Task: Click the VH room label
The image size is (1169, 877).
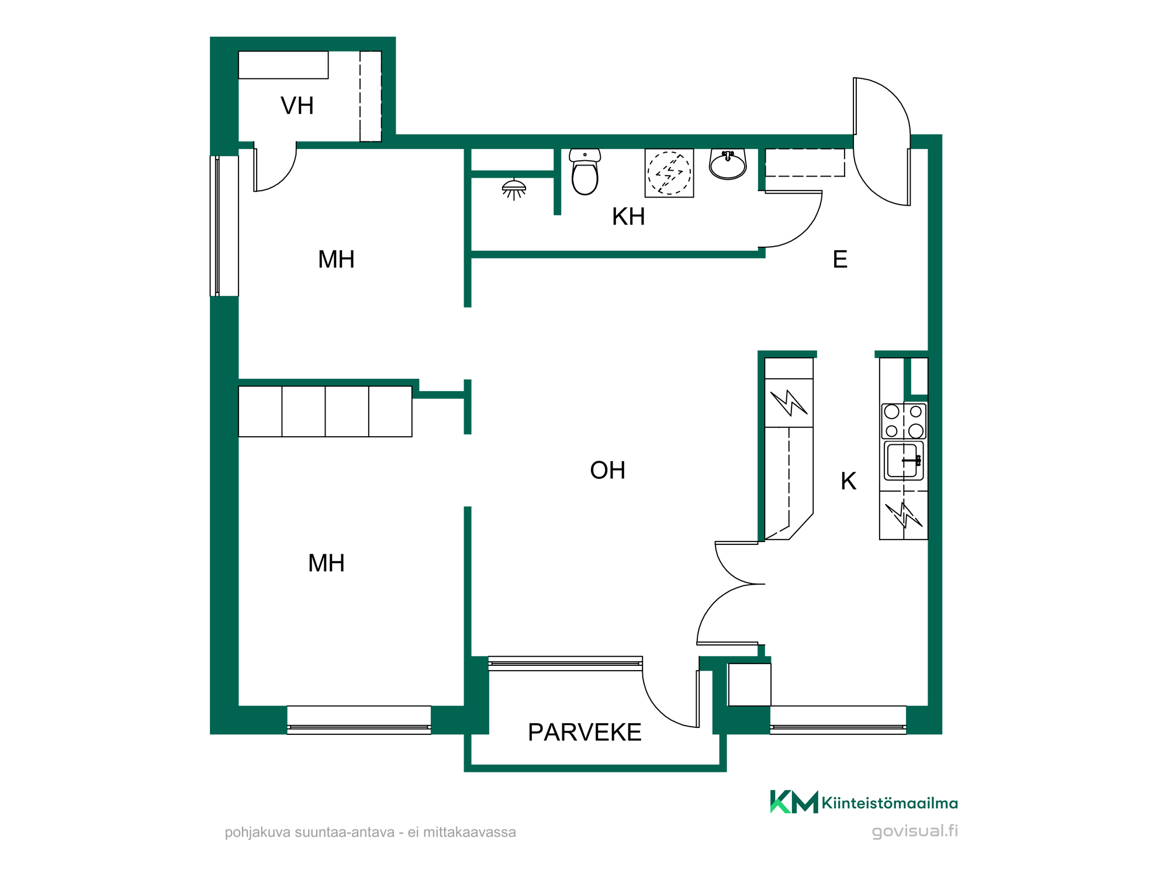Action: (297, 106)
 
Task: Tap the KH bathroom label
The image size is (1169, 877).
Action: (628, 216)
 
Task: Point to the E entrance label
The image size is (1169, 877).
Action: (840, 259)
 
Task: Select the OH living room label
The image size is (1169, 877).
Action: (607, 470)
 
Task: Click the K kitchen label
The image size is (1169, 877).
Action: (848, 481)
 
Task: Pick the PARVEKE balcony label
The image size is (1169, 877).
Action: (584, 732)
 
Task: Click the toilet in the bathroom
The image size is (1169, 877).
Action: (585, 172)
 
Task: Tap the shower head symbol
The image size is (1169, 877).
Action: (514, 189)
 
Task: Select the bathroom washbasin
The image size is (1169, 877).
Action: (728, 164)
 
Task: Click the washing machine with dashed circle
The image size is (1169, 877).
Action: (669, 173)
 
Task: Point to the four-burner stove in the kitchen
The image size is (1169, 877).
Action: (904, 421)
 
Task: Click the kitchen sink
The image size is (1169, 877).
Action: (904, 461)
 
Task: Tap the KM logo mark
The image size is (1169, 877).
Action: (794, 802)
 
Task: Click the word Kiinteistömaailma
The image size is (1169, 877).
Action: (890, 803)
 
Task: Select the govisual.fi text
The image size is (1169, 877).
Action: (915, 831)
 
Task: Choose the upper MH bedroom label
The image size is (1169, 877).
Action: (336, 259)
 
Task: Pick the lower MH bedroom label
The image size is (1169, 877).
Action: (326, 563)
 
